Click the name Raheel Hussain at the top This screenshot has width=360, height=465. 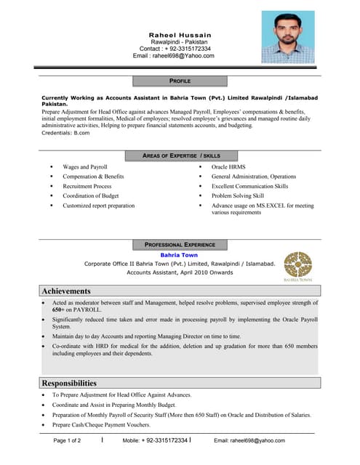[x=180, y=35]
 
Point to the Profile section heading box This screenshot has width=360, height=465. [x=180, y=81]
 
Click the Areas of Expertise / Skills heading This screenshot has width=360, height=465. [x=181, y=155]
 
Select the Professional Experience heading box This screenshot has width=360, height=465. [x=180, y=245]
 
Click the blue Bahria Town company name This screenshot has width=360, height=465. [x=179, y=255]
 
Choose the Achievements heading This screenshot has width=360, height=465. [x=66, y=291]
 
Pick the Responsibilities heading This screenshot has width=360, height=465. [x=69, y=383]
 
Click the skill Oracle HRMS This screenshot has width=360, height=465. [x=228, y=167]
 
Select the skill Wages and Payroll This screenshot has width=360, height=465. [x=84, y=167]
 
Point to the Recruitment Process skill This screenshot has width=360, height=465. [x=87, y=186]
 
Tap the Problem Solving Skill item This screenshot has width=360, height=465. [x=237, y=195]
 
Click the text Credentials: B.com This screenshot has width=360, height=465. [x=65, y=133]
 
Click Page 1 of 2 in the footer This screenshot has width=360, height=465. [x=68, y=440]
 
